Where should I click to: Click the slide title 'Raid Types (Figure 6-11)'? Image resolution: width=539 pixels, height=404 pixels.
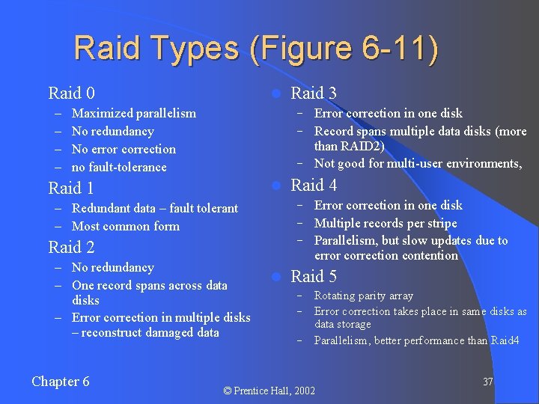coord(256,49)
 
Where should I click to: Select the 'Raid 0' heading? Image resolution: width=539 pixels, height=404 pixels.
coord(71,94)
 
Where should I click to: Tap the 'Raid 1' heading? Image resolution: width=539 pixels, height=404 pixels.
coord(71,188)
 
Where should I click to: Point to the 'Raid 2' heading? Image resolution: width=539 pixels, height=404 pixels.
coord(71,247)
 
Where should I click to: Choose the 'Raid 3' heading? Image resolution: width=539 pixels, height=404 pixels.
coord(314,94)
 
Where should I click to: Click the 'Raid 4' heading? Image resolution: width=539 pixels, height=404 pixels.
coord(314,185)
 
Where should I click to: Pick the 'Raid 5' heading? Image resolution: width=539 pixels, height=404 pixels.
coord(314,276)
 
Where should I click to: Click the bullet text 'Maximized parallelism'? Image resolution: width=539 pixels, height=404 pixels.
coord(134,114)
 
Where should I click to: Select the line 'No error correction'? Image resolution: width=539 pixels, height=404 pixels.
coord(124,150)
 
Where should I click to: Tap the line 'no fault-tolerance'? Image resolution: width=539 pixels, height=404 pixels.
coord(119,168)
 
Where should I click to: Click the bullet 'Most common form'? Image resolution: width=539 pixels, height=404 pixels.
coord(126,226)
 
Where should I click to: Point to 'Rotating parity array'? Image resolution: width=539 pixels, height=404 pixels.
coord(363,296)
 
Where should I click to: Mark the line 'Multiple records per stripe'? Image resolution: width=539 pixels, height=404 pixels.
coord(386,223)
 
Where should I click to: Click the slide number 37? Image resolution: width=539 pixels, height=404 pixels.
coord(488,382)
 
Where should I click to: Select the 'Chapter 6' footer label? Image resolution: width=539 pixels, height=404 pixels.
coord(61,382)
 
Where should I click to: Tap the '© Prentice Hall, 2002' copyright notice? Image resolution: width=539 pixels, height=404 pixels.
coord(269,391)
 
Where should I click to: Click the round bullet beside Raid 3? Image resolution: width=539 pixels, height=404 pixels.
coord(275,94)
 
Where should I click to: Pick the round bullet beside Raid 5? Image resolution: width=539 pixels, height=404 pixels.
coord(275,277)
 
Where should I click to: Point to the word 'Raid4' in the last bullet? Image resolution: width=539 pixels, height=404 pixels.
coord(505,341)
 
